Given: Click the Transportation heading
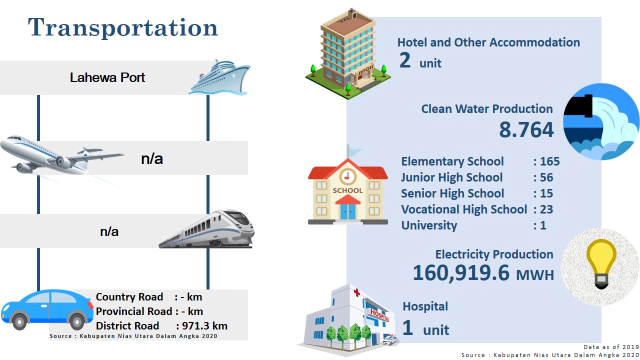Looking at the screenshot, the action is pos(123,27).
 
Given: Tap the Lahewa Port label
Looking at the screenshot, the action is pos(107,77).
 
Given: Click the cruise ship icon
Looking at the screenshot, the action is pos(219,77).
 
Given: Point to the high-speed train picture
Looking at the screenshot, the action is pos(206,229).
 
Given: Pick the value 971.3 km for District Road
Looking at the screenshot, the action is pos(204,325).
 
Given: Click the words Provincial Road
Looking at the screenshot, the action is pos(134,311).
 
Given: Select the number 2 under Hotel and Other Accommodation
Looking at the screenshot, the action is pos(405,60).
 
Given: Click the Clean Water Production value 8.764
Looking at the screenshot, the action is pos(526,129).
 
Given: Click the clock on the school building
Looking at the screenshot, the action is pos(347,176).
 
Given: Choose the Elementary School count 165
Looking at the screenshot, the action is pos(549,161).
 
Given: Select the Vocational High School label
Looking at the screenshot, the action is pos(464,209).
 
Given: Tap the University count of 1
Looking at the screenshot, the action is pos(543,225).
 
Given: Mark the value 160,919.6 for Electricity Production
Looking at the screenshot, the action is pos(461,273).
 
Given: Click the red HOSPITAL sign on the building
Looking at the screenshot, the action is pos(379,315).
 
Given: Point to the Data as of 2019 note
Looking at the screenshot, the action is pos(611,347).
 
